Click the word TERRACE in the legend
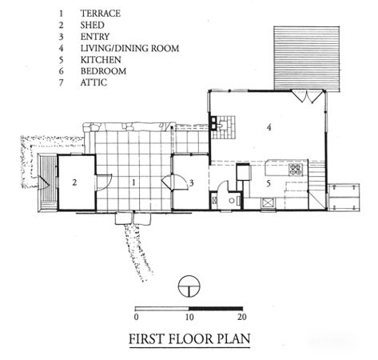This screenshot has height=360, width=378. pyautogui.click(x=101, y=14)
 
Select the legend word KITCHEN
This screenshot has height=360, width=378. pyautogui.click(x=101, y=59)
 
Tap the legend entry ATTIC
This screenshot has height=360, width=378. pyautogui.click(x=94, y=82)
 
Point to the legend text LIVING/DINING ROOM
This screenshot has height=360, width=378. pyautogui.click(x=129, y=48)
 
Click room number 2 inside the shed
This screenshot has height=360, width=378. pyautogui.click(x=74, y=182)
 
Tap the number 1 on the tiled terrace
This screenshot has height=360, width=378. pyautogui.click(x=134, y=182)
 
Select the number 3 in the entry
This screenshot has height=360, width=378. pyautogui.click(x=191, y=183)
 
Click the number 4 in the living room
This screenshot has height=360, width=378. pyautogui.click(x=269, y=128)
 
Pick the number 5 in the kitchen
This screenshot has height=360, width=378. pyautogui.click(x=269, y=183)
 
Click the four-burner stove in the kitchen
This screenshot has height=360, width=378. pyautogui.click(x=296, y=170)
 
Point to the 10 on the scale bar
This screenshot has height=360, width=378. pyautogui.click(x=189, y=318)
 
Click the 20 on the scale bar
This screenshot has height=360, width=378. pyautogui.click(x=242, y=318)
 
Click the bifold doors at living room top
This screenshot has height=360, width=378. pyautogui.click(x=307, y=97)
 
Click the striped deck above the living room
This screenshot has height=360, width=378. pyautogui.click(x=307, y=58)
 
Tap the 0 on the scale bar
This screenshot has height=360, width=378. pyautogui.click(x=137, y=318)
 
